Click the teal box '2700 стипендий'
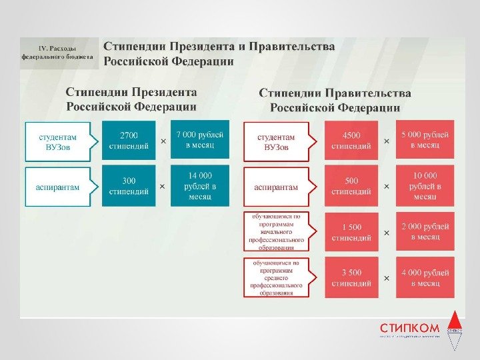pyautogui.click(x=128, y=141)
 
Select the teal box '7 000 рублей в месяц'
pyautogui.click(x=199, y=139)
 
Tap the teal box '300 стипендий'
pyautogui.click(x=128, y=185)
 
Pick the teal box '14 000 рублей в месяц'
pyautogui.click(x=199, y=185)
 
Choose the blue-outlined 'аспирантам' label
pyautogui.click(x=57, y=186)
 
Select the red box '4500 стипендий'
pyautogui.click(x=351, y=141)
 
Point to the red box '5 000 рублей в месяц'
pyautogui.click(x=424, y=139)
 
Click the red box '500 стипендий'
pyautogui.click(x=351, y=185)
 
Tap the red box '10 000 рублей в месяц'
pyautogui.click(x=424, y=185)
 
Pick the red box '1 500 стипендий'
pyautogui.click(x=351, y=232)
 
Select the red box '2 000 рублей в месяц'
pyautogui.click(x=424, y=232)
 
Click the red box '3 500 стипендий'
pyautogui.click(x=351, y=277)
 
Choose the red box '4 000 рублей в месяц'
pyautogui.click(x=424, y=277)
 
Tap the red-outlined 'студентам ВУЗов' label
pyautogui.click(x=276, y=141)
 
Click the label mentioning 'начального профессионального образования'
pyautogui.click(x=276, y=231)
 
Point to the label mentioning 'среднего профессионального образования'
pyautogui.click(x=276, y=277)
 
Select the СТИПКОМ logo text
pyautogui.click(x=409, y=328)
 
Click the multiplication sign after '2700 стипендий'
pyautogui.click(x=163, y=141)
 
